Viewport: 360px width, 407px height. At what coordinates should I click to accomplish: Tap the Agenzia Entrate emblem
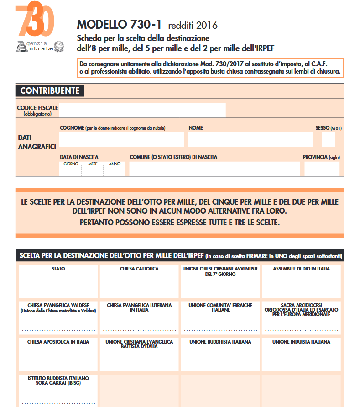click(x=41, y=46)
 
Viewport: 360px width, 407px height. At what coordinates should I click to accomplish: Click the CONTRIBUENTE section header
click(x=50, y=90)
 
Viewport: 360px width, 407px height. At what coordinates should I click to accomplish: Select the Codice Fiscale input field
click(x=142, y=110)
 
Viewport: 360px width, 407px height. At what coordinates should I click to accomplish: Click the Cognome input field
click(x=121, y=139)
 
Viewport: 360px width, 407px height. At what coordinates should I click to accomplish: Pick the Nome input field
click(x=250, y=139)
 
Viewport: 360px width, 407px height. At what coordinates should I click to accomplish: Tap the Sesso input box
click(x=329, y=139)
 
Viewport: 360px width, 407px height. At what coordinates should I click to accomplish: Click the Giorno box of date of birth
click(x=70, y=169)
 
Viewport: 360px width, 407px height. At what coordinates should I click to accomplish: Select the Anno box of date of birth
click(x=115, y=169)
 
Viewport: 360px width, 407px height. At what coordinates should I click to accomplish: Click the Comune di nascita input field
click(x=214, y=169)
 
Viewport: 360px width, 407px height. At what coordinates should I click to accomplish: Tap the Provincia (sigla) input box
click(x=322, y=169)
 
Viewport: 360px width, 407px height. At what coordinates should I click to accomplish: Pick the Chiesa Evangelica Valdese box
click(x=58, y=318)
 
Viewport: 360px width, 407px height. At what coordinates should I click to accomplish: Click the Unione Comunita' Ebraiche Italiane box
click(x=220, y=318)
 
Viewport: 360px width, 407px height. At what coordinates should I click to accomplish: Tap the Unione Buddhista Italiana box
click(x=220, y=354)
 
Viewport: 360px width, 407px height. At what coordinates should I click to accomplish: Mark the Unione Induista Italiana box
click(x=301, y=354)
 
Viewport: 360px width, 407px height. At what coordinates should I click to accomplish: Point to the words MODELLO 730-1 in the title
click(x=120, y=24)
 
